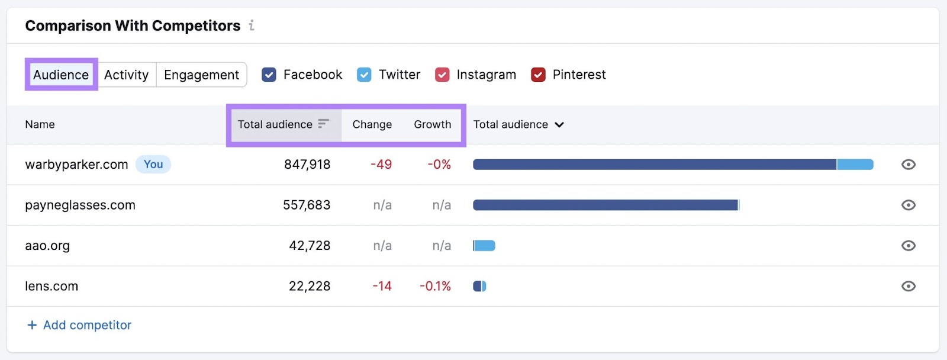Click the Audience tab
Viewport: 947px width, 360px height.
coord(61,75)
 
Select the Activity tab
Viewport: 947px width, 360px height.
coord(126,75)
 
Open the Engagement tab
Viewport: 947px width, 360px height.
coord(201,75)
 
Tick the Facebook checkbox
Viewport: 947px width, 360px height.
coord(269,75)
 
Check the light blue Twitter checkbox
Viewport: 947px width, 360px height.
coord(364,75)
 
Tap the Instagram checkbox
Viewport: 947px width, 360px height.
coord(442,75)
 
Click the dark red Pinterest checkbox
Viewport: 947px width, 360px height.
coord(538,75)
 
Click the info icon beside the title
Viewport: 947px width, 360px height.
coord(252,25)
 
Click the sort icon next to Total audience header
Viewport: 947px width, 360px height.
coord(323,124)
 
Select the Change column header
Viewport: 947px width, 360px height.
coord(372,124)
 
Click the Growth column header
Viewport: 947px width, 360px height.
coord(432,124)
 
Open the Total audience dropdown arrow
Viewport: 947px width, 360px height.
coord(559,125)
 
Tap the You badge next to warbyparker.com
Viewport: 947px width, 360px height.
coord(153,165)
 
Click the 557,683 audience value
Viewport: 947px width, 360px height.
coord(307,205)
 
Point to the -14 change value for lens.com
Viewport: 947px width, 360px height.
coord(382,286)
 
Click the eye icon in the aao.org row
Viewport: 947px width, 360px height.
coord(908,246)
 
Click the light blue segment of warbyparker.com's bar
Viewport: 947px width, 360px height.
coord(855,165)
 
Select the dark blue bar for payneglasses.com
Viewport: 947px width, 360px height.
coord(605,205)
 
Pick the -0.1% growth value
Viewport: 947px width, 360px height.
coord(435,286)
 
